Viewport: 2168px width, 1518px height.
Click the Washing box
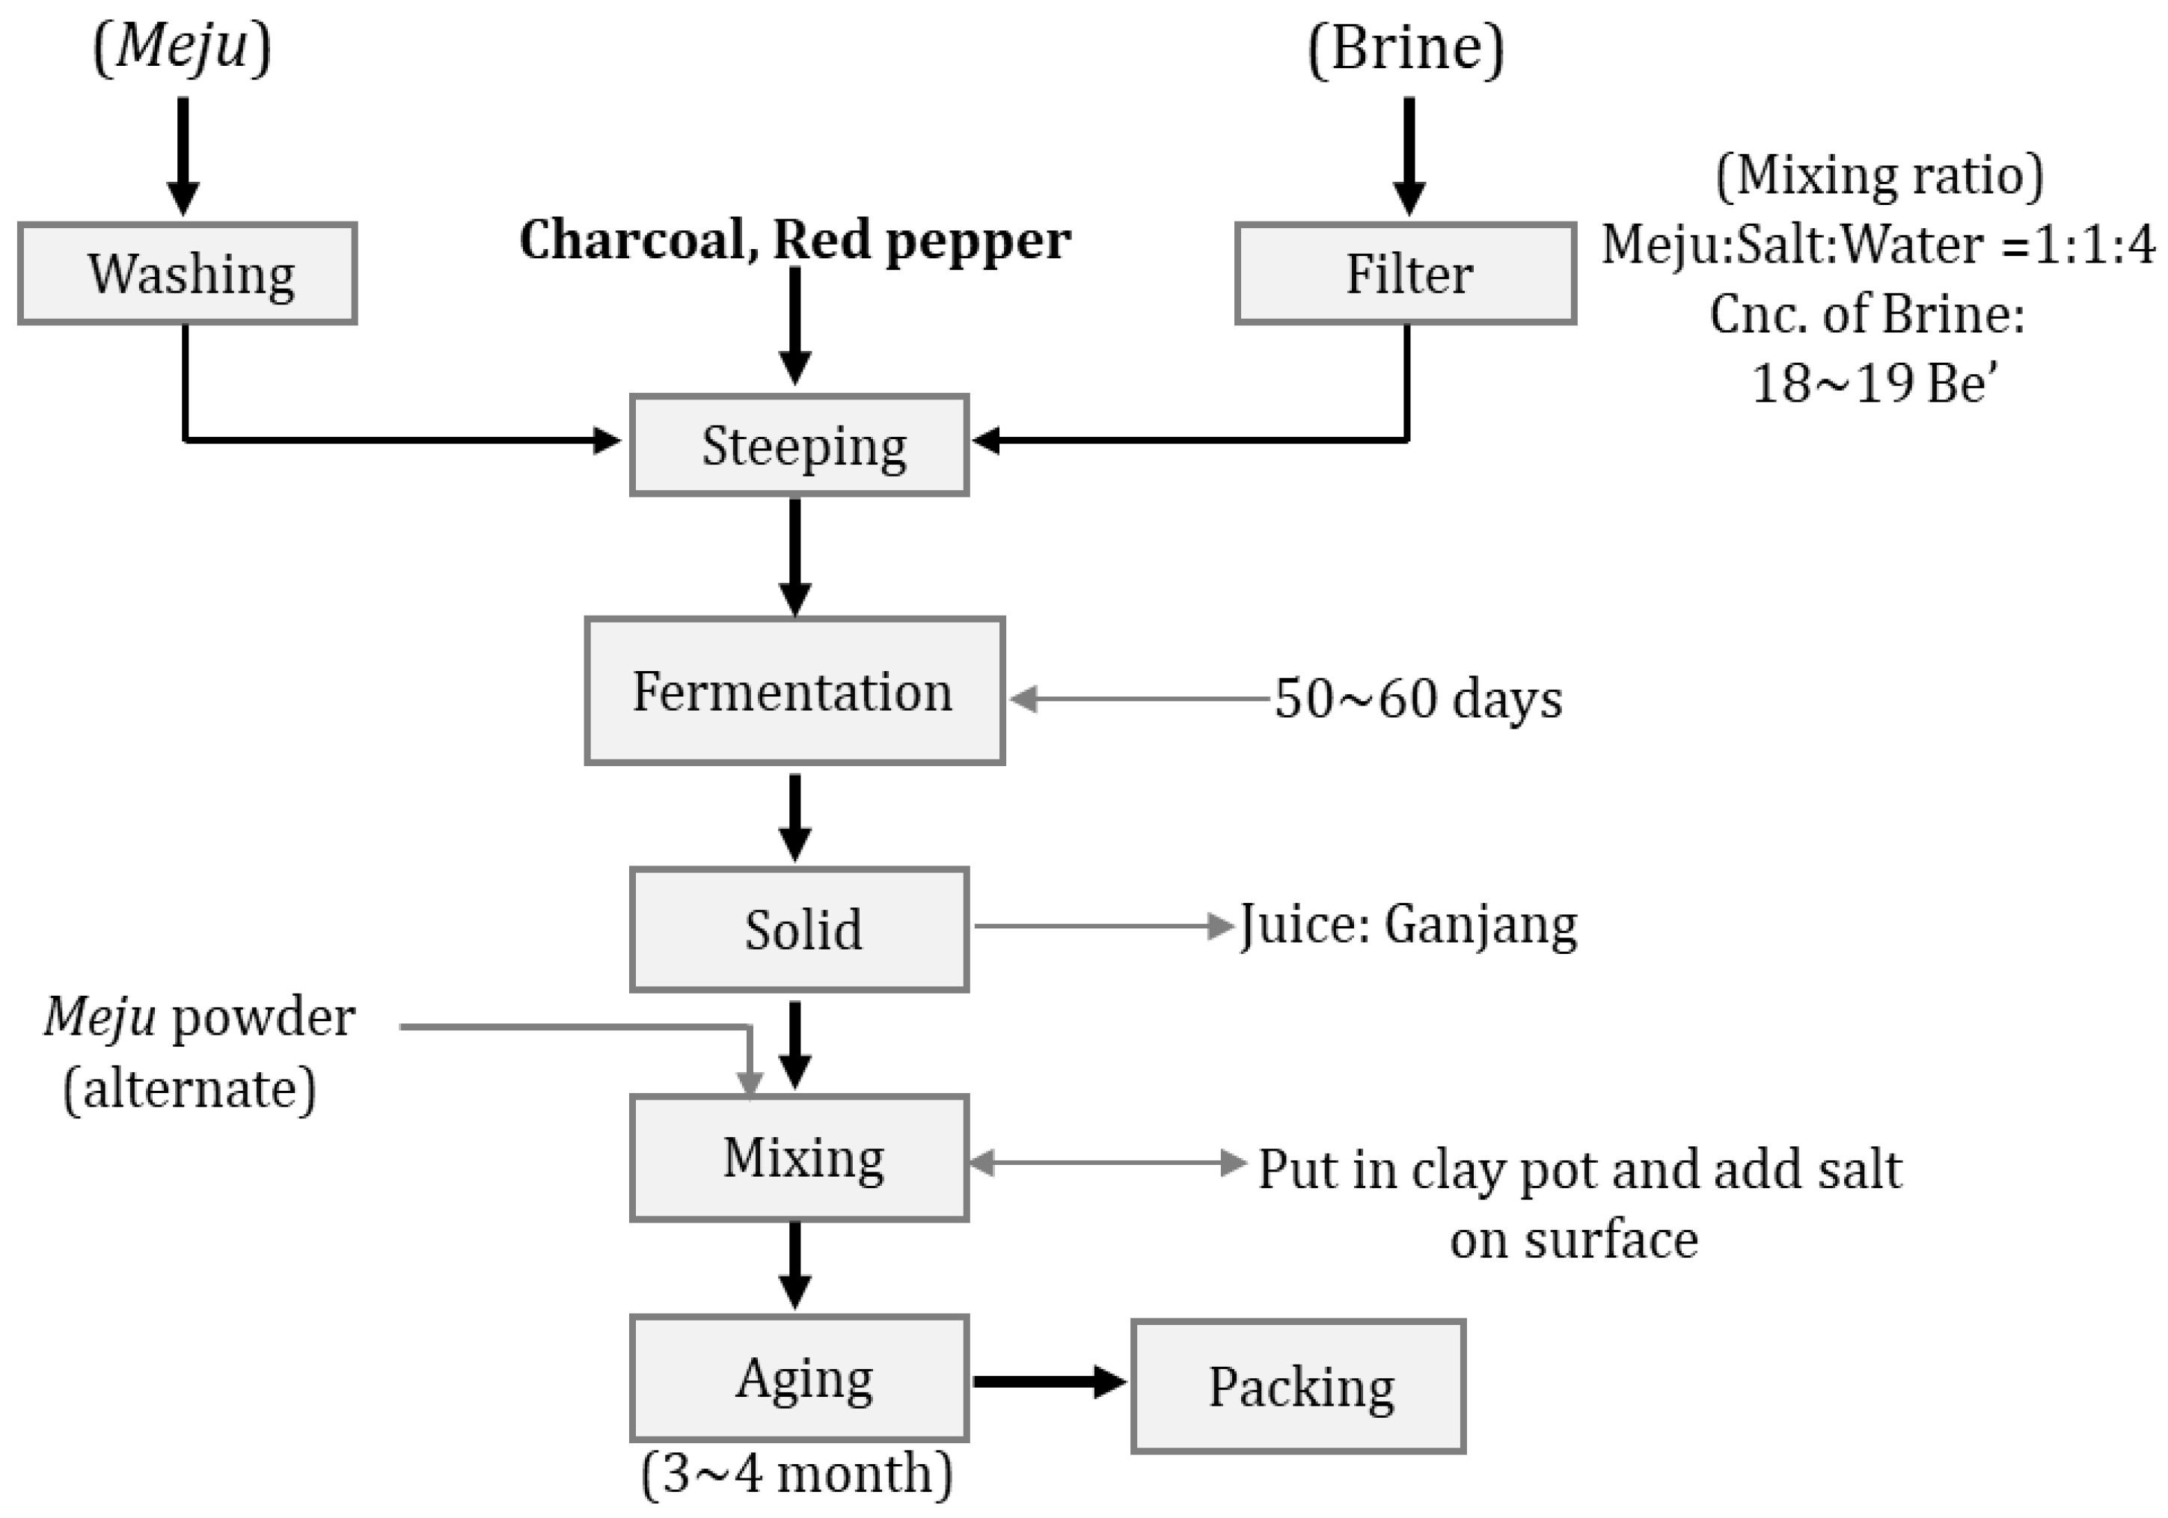(x=187, y=274)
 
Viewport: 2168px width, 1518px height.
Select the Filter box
(x=1405, y=274)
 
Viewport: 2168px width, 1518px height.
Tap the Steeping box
(x=799, y=444)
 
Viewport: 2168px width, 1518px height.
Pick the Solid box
(x=799, y=929)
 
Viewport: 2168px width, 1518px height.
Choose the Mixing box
(x=799, y=1157)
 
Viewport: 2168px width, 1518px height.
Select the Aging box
(x=799, y=1378)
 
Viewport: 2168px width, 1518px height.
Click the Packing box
(x=1299, y=1386)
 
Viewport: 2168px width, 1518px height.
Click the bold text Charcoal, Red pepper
(x=795, y=240)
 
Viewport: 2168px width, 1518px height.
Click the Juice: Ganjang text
(x=1407, y=925)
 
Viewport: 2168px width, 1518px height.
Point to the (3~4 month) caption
(x=796, y=1472)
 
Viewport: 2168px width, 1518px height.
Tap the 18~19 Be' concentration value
(x=1874, y=383)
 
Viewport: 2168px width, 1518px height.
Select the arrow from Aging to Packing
(x=1048, y=1382)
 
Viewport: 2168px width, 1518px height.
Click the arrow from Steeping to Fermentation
(x=795, y=557)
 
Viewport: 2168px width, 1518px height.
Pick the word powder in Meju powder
(x=263, y=1017)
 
